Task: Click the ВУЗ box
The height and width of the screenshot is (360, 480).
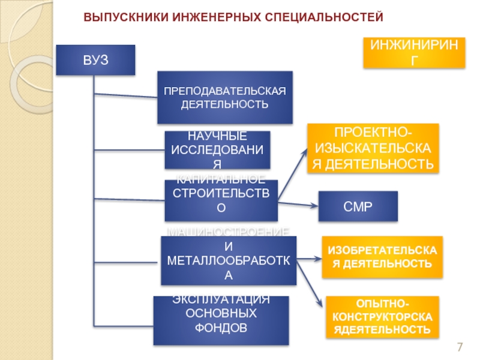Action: tap(95, 60)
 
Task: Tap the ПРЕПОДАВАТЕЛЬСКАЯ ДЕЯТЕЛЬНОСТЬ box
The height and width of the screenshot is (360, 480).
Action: tap(224, 97)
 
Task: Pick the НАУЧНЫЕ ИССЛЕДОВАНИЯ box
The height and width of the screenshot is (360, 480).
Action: tap(217, 150)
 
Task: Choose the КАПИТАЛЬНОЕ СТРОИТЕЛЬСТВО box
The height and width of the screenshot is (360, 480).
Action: tap(221, 200)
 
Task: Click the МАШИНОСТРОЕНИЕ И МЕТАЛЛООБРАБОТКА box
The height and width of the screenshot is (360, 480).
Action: tap(228, 260)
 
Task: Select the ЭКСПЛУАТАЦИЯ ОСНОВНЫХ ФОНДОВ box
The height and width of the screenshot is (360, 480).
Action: tap(221, 320)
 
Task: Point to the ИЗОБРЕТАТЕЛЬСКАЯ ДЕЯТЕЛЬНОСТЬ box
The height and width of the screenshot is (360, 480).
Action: tap(382, 257)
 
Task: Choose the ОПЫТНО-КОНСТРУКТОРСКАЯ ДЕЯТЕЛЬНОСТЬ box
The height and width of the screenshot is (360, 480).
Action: tap(382, 316)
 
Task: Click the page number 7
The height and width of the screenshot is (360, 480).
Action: tap(460, 347)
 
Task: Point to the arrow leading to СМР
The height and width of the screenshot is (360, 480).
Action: tap(298, 205)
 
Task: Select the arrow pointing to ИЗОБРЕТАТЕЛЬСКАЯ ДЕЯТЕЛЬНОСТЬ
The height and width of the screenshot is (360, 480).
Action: tap(309, 259)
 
